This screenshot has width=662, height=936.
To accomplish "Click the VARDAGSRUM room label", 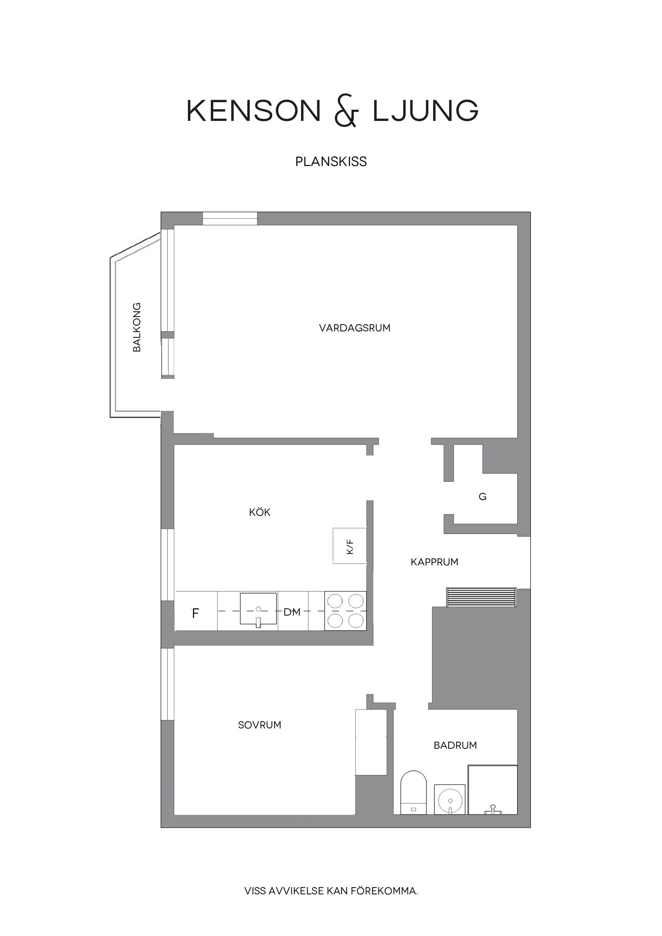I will click(x=354, y=328).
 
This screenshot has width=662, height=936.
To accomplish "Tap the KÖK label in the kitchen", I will click(x=260, y=512).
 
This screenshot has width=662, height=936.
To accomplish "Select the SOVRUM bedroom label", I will click(x=260, y=725).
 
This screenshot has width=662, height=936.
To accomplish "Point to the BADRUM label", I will click(x=455, y=745).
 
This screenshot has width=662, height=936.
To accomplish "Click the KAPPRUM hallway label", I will click(x=434, y=562).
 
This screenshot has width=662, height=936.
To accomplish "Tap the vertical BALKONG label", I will click(x=137, y=327).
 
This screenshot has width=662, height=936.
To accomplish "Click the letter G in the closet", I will click(x=482, y=497).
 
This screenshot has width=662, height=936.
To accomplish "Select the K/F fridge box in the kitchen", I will click(x=350, y=546).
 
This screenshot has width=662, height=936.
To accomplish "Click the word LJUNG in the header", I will click(x=425, y=111).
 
